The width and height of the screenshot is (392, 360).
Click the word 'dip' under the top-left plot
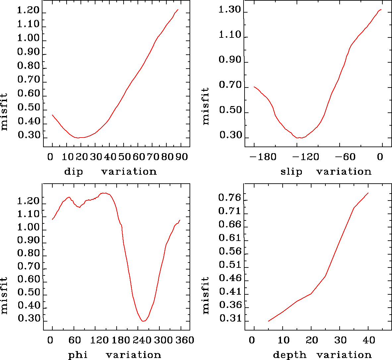(x=74, y=172)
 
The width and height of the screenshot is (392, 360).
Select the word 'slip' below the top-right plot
(x=291, y=172)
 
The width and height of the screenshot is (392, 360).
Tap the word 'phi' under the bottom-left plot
(x=78, y=355)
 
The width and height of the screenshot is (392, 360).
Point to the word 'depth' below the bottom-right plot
(x=290, y=355)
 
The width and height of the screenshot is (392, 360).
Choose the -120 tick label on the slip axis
(x=306, y=157)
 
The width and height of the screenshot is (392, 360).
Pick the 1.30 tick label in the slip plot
(x=229, y=10)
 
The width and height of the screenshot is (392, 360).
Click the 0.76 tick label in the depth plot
(x=229, y=198)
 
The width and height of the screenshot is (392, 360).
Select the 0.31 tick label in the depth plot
(x=229, y=319)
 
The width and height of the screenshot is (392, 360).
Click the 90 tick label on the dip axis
(x=182, y=157)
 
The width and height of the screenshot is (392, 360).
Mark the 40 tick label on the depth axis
(x=368, y=340)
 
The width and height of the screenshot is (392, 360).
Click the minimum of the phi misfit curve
(x=143, y=321)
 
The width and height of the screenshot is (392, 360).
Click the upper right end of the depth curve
(x=368, y=193)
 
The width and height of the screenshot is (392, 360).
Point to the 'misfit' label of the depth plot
(x=206, y=295)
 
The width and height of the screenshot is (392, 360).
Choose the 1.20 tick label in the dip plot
(x=28, y=11)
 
